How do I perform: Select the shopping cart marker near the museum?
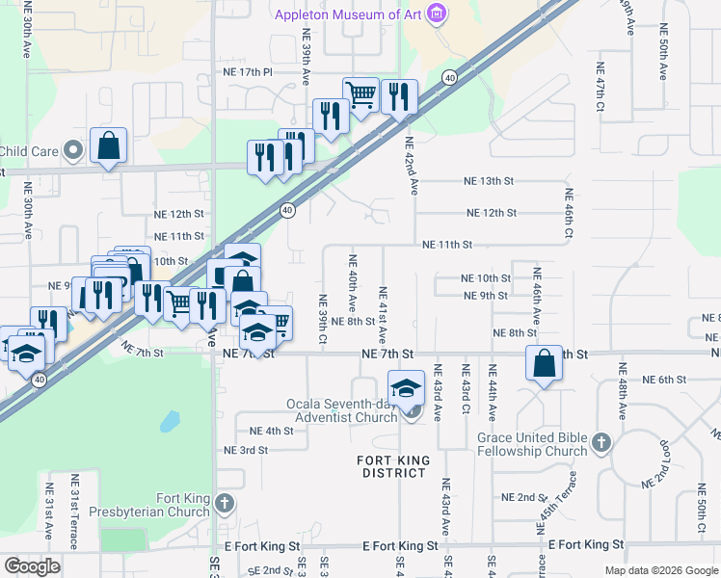coord(360,94)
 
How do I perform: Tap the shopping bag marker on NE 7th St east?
coord(544,364)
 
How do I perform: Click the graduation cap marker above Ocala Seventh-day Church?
coord(407,388)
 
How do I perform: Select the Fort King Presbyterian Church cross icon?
coord(225,503)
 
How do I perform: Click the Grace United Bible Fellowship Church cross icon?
coord(601,442)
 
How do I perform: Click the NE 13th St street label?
coord(489,181)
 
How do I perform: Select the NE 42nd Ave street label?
coord(414,160)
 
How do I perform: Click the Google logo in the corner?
coord(31,566)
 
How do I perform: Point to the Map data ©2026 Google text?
coord(660,570)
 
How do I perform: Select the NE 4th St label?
coord(271,431)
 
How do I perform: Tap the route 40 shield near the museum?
coord(449,77)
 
